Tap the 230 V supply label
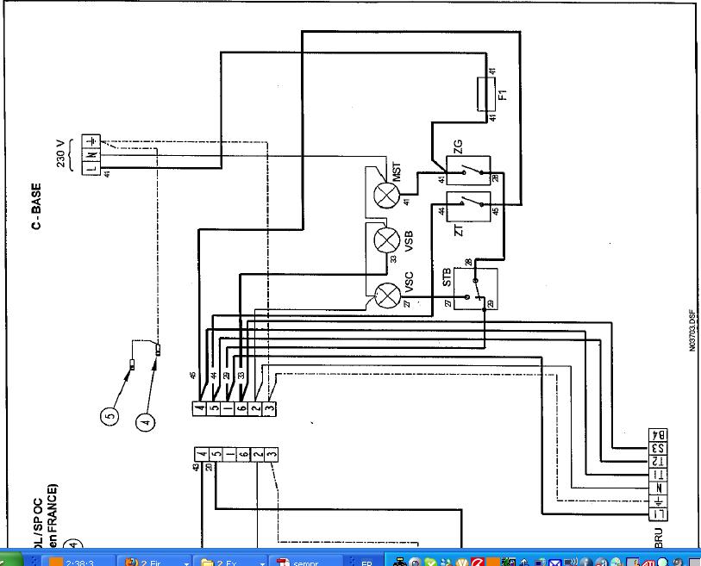click(62, 151)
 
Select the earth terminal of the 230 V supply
click(91, 140)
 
